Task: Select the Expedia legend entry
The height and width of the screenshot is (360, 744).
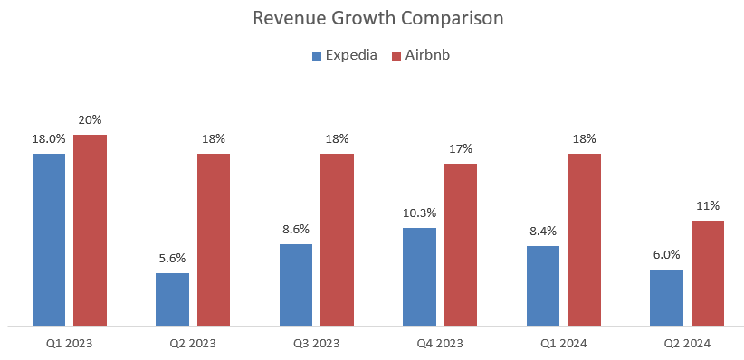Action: click(342, 55)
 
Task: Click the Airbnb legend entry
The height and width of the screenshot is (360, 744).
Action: click(420, 55)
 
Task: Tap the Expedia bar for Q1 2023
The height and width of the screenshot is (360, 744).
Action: click(49, 239)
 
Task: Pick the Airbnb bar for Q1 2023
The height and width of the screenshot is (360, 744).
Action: click(91, 230)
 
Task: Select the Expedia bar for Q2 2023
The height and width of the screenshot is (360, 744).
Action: click(172, 298)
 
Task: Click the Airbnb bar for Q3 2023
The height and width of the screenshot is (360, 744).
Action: click(337, 239)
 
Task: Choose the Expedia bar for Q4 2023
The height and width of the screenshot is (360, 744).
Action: click(419, 276)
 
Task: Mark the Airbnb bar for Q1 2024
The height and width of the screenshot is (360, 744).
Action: click(584, 239)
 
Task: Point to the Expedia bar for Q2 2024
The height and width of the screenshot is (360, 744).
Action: click(666, 297)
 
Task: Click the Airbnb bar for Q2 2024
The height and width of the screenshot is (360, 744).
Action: click(708, 272)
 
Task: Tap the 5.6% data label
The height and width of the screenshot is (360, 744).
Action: click(172, 258)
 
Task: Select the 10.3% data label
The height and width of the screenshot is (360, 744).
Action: click(419, 213)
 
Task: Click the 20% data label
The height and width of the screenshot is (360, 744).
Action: click(91, 120)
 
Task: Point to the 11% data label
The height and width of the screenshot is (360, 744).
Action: click(708, 205)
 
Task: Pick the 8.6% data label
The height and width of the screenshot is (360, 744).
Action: click(296, 230)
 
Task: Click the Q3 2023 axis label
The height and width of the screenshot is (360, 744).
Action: click(316, 344)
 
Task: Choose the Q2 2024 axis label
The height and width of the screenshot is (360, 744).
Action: click(687, 344)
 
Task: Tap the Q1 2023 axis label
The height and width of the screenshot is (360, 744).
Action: click(70, 344)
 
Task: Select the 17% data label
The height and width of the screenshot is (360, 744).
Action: click(461, 148)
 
